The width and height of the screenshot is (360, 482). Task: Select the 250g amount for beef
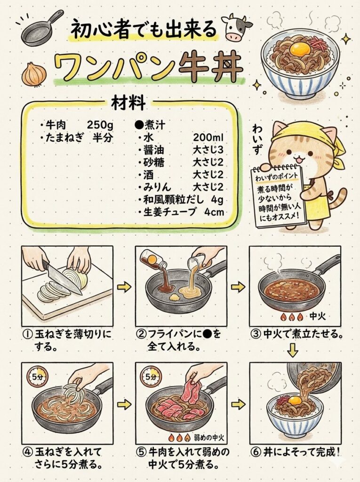coord(100,125)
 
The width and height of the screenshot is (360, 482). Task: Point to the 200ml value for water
coord(208,137)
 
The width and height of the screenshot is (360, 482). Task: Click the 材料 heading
coord(128,103)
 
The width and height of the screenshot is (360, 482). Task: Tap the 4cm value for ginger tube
coord(214,212)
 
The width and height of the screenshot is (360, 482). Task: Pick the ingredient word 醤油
coord(153,150)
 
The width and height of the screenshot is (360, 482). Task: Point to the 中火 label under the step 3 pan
coord(317,316)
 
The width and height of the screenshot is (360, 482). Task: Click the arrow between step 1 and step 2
coord(124,287)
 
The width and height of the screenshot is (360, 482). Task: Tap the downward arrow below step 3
coord(293,350)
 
